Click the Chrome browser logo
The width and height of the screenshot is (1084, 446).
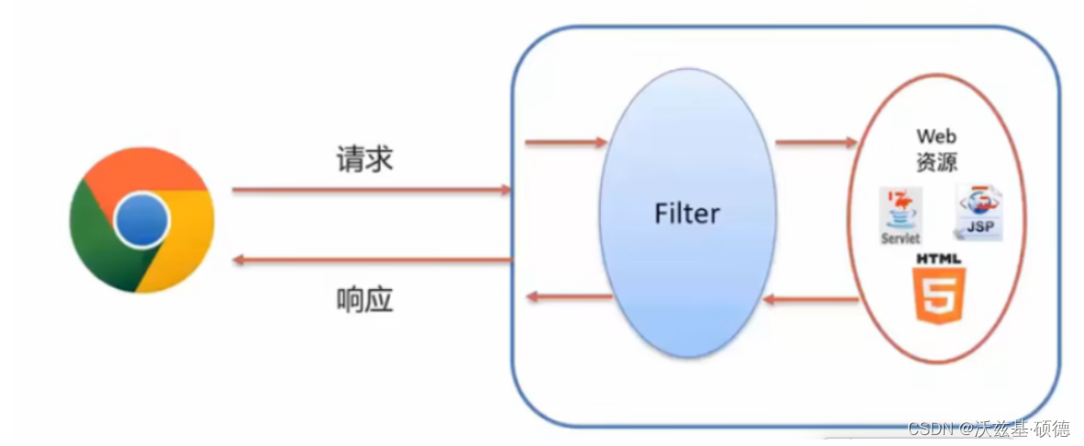[142, 220]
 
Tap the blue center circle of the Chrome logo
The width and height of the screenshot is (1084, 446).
[142, 220]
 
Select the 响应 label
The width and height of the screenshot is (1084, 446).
[364, 299]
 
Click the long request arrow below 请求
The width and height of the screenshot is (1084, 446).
[371, 190]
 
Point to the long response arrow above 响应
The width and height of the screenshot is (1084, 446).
[371, 261]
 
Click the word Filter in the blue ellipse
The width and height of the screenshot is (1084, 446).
[687, 214]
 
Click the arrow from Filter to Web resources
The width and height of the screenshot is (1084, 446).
[815, 142]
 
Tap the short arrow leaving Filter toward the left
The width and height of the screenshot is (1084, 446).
[570, 296]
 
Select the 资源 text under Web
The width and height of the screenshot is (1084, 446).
[936, 162]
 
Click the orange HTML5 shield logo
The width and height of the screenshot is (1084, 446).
[936, 295]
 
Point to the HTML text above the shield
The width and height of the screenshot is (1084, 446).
[936, 260]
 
